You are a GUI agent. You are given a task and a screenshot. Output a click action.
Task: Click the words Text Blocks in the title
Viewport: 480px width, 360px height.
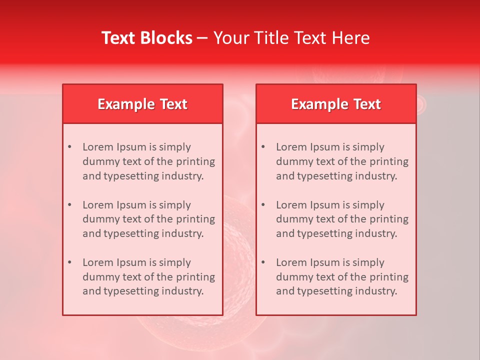[147, 38]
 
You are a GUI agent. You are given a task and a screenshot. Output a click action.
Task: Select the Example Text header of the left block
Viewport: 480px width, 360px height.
[142, 104]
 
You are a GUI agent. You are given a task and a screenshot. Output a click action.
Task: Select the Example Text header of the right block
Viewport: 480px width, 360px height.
[336, 104]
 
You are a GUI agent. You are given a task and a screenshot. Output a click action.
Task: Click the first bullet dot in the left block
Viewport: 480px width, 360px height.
[69, 147]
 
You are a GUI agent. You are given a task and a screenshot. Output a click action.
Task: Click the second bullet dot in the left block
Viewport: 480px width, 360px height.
[69, 205]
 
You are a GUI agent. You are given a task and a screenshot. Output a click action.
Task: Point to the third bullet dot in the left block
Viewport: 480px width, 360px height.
[69, 262]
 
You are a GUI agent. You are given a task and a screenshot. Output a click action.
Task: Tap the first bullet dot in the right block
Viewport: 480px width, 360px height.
[263, 147]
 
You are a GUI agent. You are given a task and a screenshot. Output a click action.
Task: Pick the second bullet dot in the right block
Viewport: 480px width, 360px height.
[263, 205]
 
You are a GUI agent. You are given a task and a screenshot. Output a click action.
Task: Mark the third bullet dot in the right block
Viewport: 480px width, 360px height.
[263, 262]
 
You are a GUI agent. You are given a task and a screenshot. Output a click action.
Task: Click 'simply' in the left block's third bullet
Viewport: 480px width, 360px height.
[174, 262]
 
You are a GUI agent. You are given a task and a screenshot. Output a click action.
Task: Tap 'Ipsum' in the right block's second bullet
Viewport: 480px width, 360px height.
[325, 205]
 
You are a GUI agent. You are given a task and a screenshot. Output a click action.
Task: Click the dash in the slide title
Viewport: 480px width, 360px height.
[202, 38]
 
